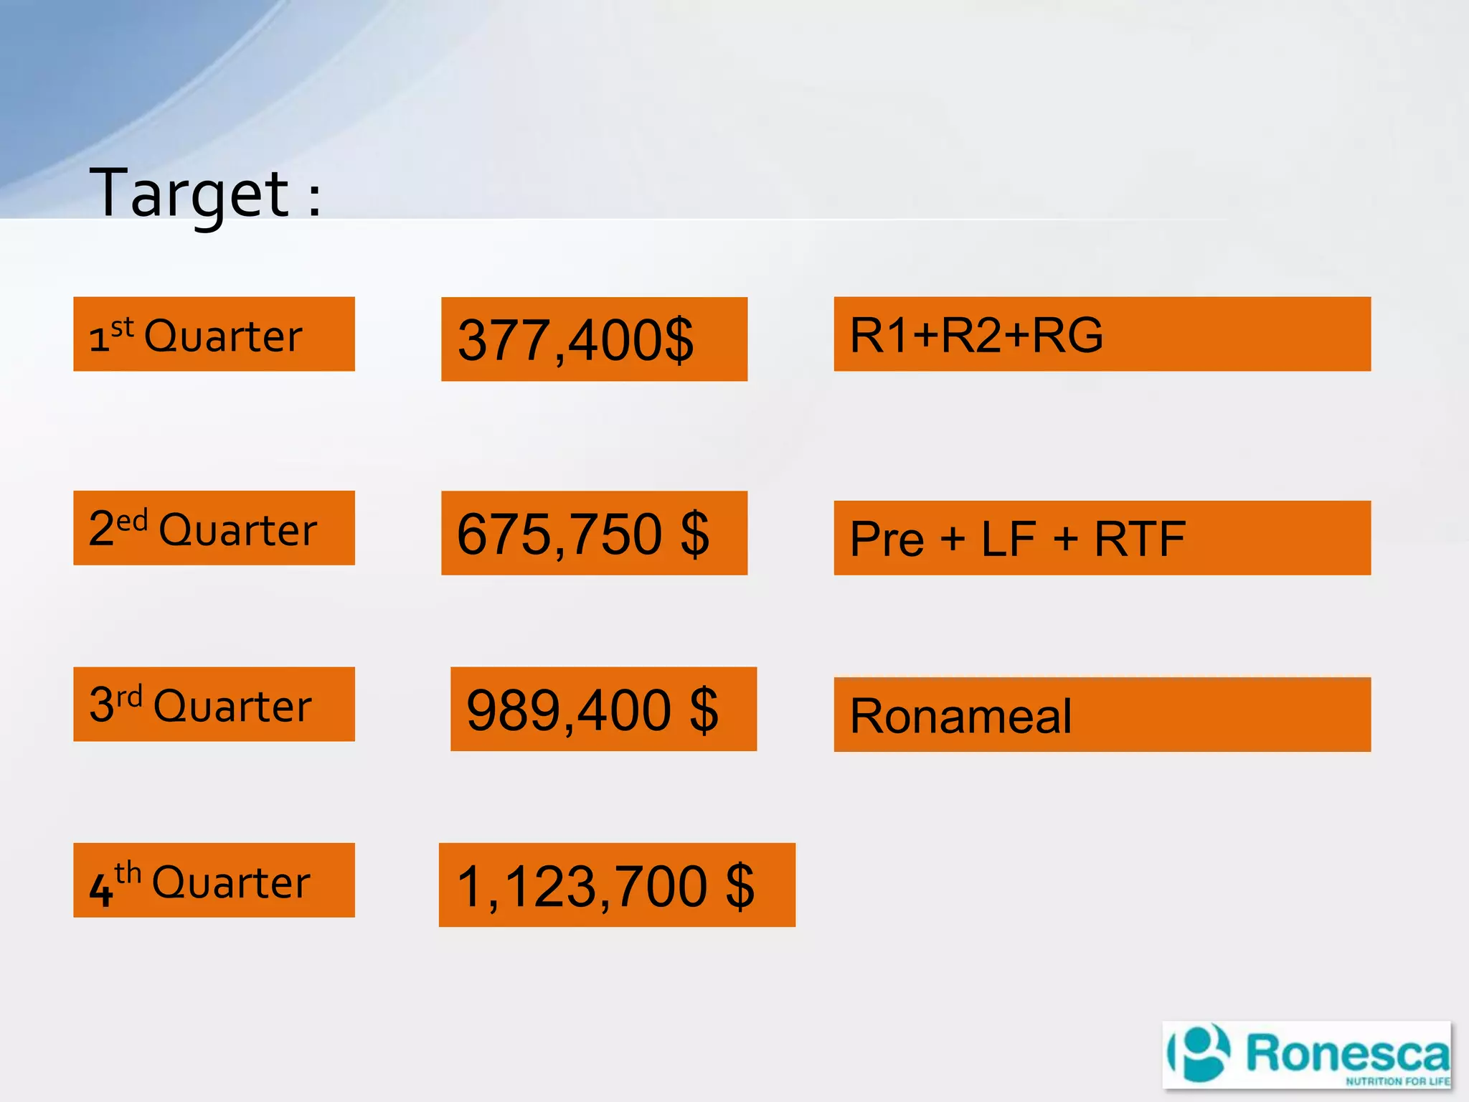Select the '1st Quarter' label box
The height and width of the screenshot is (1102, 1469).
point(214,334)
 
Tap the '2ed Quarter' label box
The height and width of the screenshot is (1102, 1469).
point(214,528)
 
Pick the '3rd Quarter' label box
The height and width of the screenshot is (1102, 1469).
point(214,704)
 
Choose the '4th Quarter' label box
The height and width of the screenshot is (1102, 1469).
point(214,880)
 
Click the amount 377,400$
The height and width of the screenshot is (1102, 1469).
point(576,339)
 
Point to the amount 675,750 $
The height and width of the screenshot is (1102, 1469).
point(583,534)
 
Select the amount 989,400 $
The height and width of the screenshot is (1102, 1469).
point(592,710)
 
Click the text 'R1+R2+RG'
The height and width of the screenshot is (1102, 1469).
point(976,335)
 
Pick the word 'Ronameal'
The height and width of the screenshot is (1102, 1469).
point(960,716)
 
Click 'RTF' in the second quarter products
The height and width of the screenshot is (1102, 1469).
point(1139,539)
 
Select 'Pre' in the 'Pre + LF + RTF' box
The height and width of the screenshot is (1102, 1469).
point(887,539)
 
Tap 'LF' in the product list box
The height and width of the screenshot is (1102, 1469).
point(1009,539)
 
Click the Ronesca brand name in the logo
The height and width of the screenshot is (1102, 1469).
point(1347,1053)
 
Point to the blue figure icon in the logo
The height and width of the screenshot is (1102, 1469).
point(1201,1053)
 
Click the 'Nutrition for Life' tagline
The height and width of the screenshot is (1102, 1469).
point(1397,1081)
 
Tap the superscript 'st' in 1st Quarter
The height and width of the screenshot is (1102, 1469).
point(123,327)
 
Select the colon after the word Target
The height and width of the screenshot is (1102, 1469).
point(314,199)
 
